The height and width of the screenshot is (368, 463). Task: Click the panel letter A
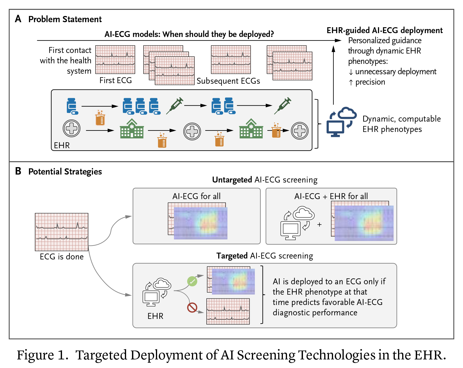point(18,19)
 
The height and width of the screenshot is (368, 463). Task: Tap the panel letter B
point(18,171)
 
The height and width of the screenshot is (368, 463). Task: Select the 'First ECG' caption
point(115,80)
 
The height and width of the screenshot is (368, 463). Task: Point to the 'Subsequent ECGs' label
point(228,81)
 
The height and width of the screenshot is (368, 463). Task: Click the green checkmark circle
point(192,281)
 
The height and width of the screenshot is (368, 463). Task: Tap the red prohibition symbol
point(192,307)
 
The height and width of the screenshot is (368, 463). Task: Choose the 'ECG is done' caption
point(62,257)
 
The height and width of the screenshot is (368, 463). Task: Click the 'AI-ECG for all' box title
point(196,196)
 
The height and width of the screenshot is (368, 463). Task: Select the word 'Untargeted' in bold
point(232,180)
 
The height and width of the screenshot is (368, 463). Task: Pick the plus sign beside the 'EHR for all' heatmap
point(319,225)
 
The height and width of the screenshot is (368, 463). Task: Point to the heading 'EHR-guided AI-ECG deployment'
point(384,30)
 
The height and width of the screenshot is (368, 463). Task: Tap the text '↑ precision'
point(367,82)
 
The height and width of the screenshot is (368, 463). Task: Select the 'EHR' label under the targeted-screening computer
point(155,316)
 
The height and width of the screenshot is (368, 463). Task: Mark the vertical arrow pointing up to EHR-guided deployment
point(333,74)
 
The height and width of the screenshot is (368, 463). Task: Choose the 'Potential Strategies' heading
point(65,172)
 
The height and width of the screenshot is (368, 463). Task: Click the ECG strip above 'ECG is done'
point(61,232)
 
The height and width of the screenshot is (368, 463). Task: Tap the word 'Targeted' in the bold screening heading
point(232,256)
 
